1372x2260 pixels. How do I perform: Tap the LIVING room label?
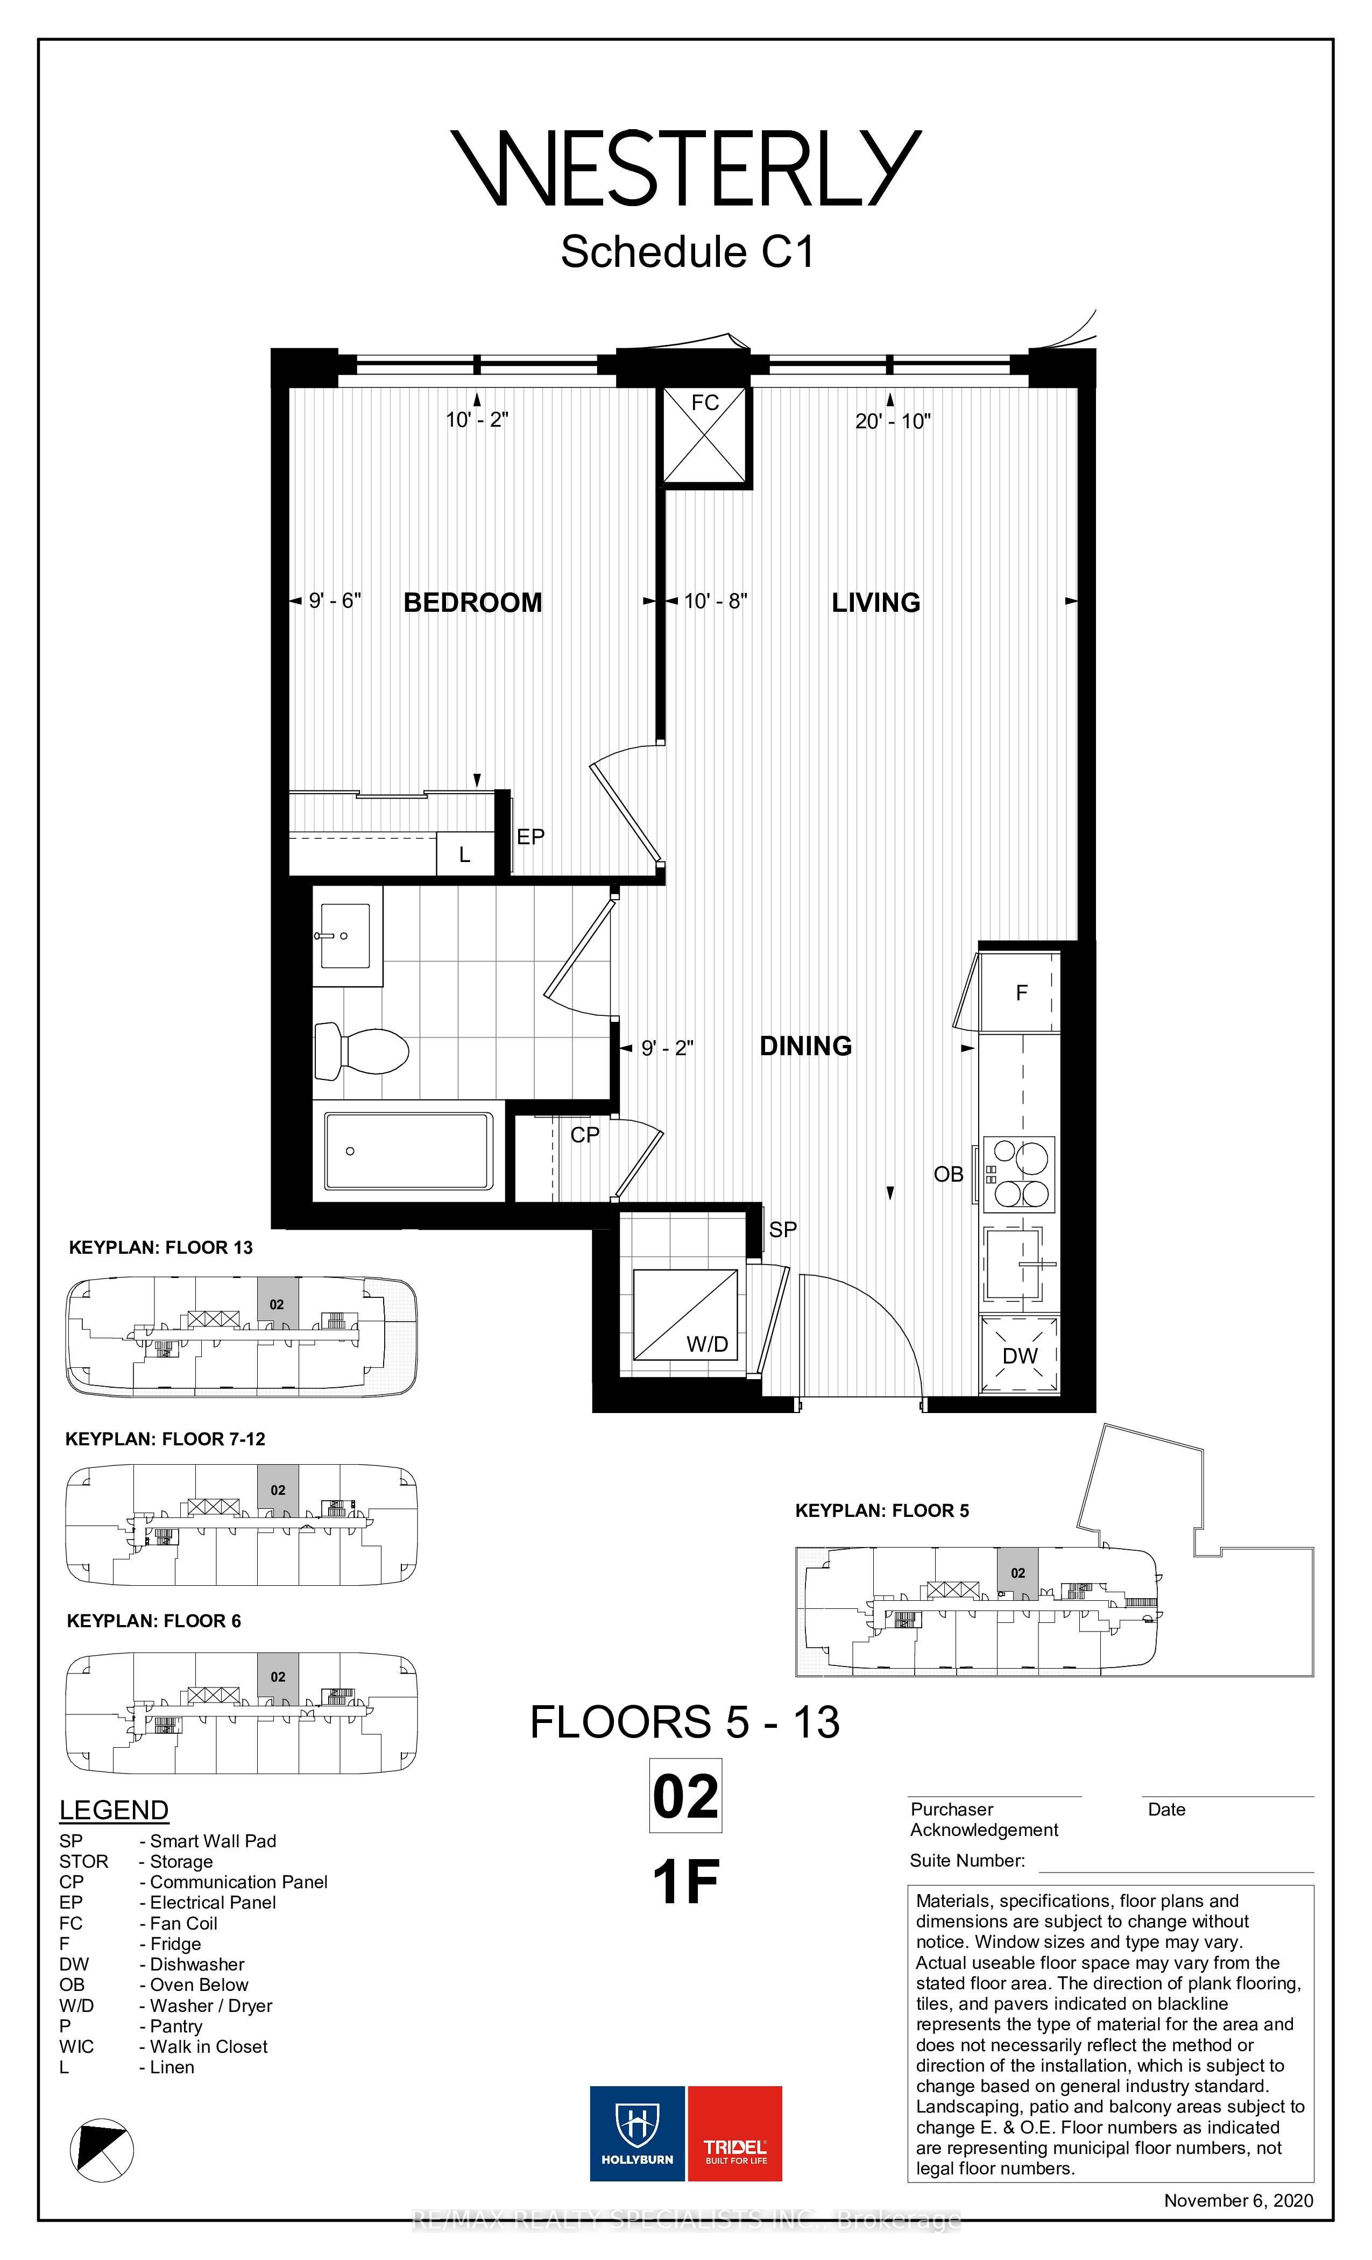(x=876, y=603)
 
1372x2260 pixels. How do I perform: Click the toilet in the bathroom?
(x=362, y=1051)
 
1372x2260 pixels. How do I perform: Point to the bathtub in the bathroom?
(x=409, y=1151)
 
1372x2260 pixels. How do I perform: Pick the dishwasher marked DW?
(x=1020, y=1355)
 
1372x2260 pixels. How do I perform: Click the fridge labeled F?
(x=1020, y=992)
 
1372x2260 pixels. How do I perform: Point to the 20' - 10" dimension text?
(x=893, y=421)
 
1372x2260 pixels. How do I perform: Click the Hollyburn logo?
(x=638, y=2134)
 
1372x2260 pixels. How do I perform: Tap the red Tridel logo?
(x=734, y=2134)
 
